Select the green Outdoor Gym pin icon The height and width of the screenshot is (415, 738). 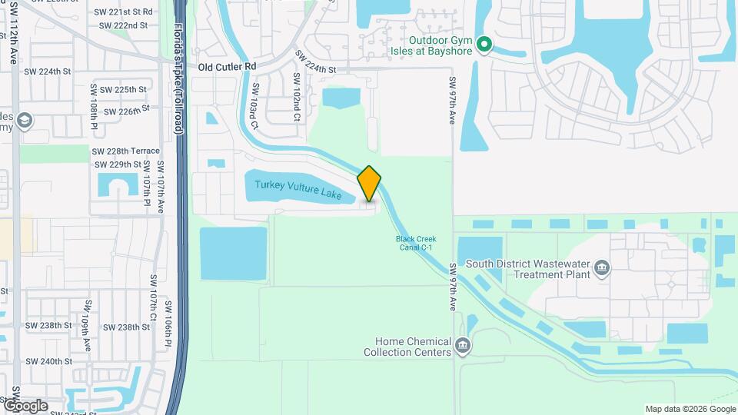pos(484,45)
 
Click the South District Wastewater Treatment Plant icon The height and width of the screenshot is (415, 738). pos(602,269)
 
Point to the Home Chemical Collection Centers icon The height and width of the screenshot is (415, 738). pos(462,346)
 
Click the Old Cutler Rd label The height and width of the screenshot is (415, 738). pos(227,67)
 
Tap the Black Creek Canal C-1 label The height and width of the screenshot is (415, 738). pos(416,243)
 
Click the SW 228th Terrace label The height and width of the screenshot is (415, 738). pos(126,151)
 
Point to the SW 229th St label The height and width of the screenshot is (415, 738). pos(118,164)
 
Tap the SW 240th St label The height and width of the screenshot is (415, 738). pos(48,361)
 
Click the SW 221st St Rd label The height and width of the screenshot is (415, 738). pos(124,12)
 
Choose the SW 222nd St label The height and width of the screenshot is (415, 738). pos(123,25)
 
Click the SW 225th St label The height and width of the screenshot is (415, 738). pos(119,90)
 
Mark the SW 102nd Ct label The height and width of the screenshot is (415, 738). pos(296,98)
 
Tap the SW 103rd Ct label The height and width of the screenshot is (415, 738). pos(254,106)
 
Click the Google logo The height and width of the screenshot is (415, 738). pos(25,406)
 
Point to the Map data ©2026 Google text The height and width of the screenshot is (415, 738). pos(690,409)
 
